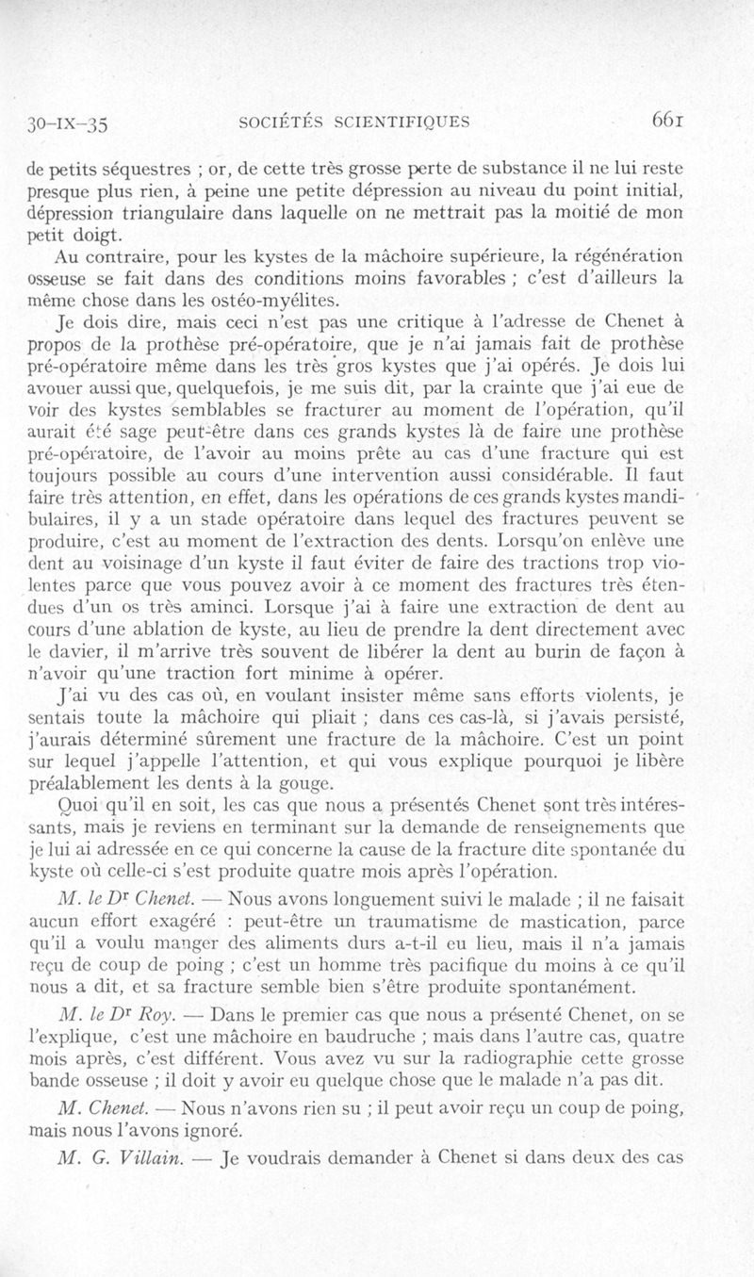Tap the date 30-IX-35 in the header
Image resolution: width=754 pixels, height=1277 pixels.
pyautogui.click(x=70, y=123)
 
